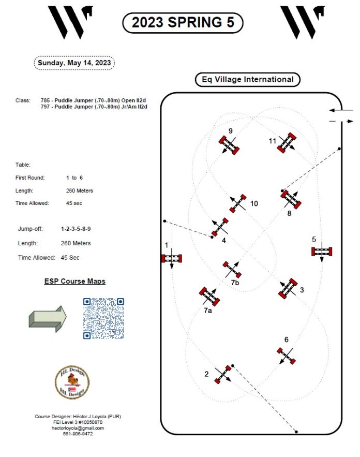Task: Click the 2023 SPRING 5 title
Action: coord(182,22)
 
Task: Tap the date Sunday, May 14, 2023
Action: coord(74,63)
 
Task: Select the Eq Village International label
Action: coord(247,80)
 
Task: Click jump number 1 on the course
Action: coord(171,258)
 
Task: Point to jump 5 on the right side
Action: coord(321,252)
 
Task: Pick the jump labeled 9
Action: coord(229,144)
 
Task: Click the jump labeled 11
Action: coord(287,142)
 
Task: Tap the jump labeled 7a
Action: coord(209,296)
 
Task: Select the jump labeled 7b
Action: coord(232,270)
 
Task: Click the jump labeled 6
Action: coord(285,356)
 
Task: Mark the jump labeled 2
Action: coord(223,374)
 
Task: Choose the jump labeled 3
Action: coord(288,289)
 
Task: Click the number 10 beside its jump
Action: coord(253,204)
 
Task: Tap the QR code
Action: coord(103,318)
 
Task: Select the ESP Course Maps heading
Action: coord(74,281)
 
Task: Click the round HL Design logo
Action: coord(72,383)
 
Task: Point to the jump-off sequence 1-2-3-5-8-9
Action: coord(79,228)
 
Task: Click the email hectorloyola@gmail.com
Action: coord(78,428)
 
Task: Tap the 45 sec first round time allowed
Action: coord(74,203)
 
